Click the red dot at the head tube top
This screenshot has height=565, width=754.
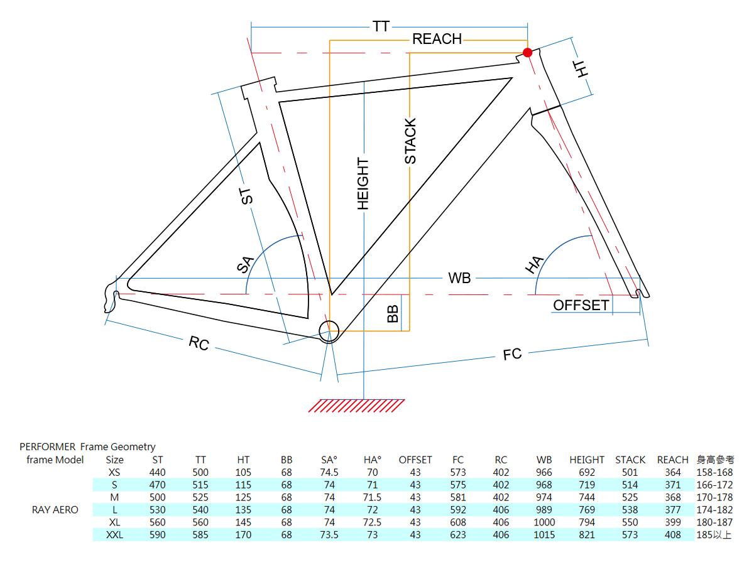pyautogui.click(x=528, y=53)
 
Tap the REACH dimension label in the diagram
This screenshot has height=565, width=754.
pyautogui.click(x=437, y=40)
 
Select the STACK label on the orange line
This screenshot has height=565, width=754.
pyautogui.click(x=410, y=141)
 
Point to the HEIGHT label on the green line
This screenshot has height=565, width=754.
pyautogui.click(x=363, y=183)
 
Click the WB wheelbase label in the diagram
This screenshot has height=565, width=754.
pyautogui.click(x=459, y=278)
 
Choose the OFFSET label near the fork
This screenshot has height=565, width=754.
pyautogui.click(x=581, y=305)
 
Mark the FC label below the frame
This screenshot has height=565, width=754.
pyautogui.click(x=513, y=354)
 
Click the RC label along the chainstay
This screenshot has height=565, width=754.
pyautogui.click(x=199, y=344)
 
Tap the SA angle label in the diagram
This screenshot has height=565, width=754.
pyautogui.click(x=245, y=264)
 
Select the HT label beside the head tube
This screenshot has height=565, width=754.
pyautogui.click(x=584, y=69)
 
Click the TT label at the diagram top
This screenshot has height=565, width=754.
pyautogui.click(x=381, y=26)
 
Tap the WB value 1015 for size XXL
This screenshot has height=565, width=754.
pyautogui.click(x=544, y=535)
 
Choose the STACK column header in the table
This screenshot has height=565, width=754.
pyautogui.click(x=630, y=460)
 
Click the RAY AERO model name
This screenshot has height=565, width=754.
pyautogui.click(x=55, y=510)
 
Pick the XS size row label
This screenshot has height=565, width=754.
pyautogui.click(x=114, y=472)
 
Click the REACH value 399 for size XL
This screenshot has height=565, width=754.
pyautogui.click(x=672, y=522)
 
